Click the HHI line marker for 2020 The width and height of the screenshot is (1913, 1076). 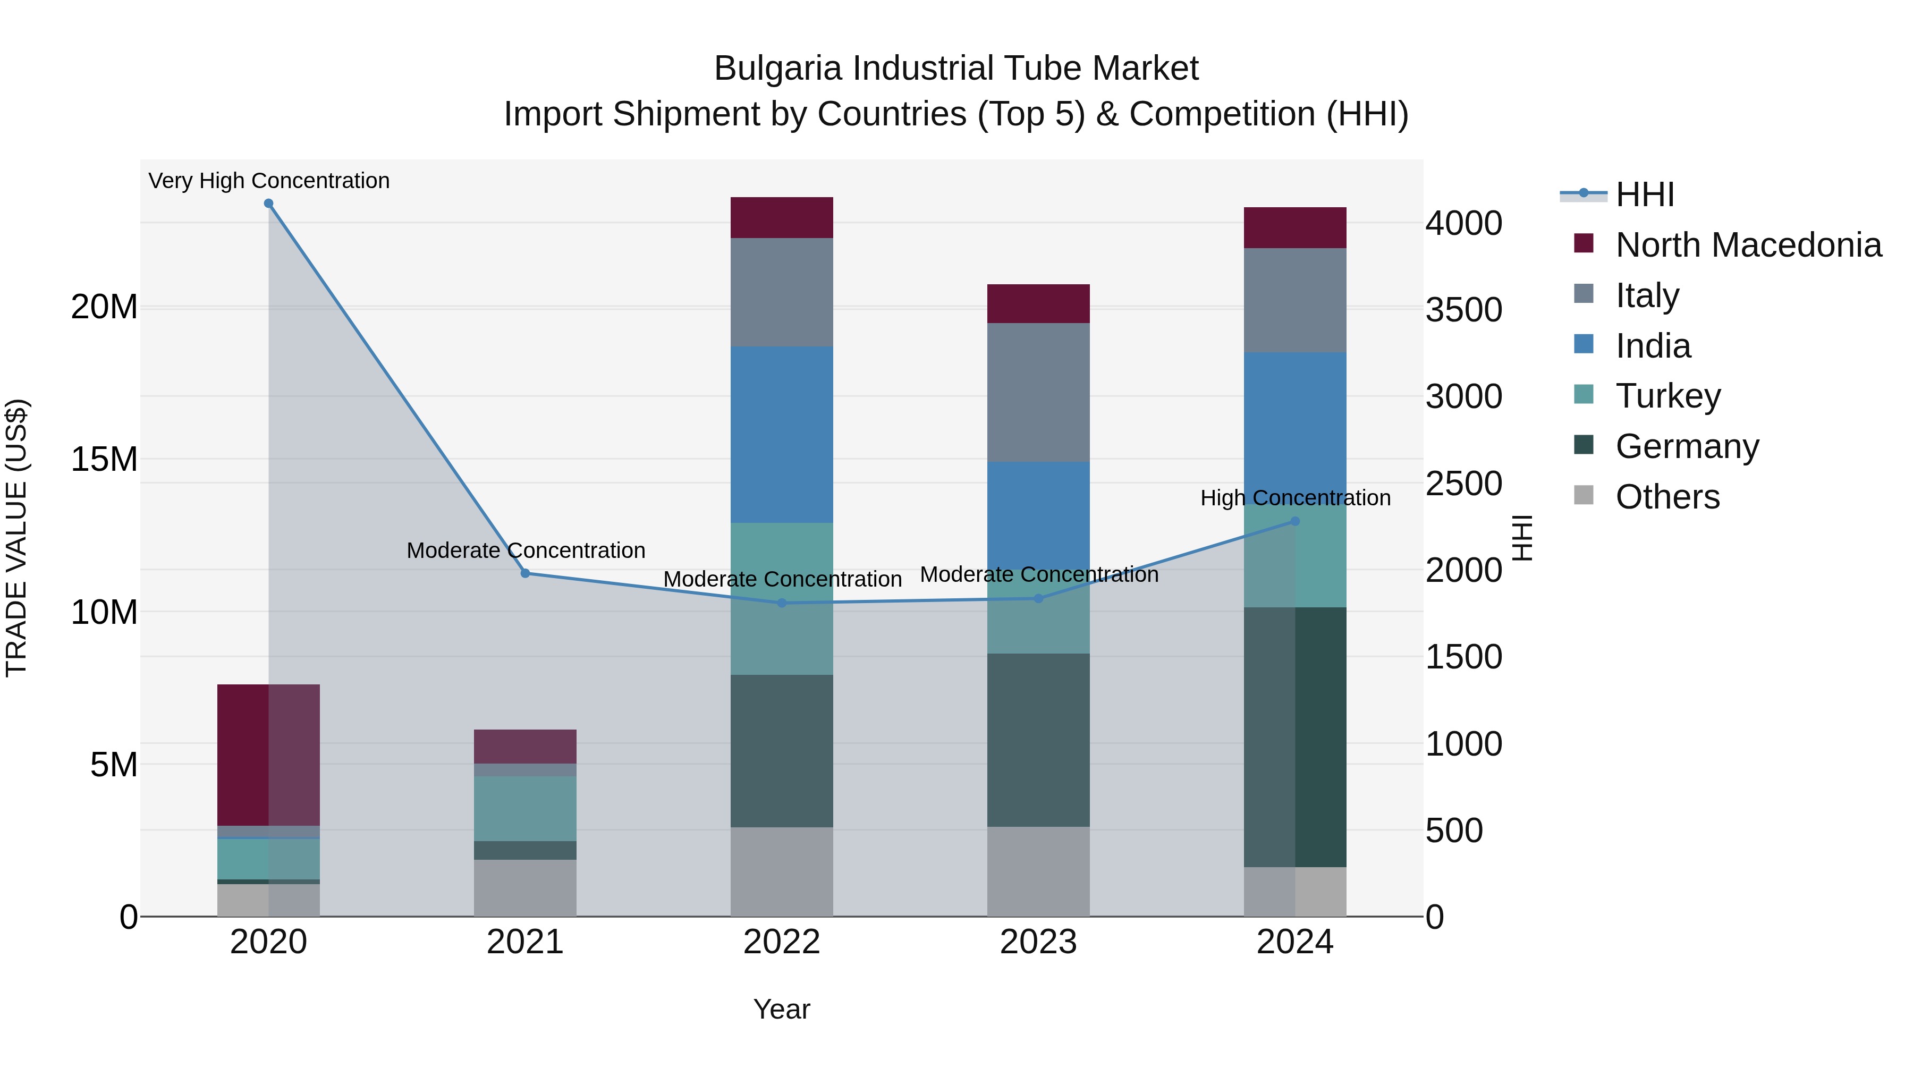pos(269,204)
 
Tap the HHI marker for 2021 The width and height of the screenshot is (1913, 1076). pos(525,573)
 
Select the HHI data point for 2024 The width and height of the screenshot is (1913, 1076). pos(1295,521)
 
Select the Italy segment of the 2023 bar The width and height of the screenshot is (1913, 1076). pos(1038,392)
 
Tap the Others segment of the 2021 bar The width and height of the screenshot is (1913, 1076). pos(525,888)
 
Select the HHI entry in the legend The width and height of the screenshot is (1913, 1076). pos(1644,194)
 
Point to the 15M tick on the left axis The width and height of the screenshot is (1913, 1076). pos(104,460)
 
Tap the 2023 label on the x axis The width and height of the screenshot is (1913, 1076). pos(1038,942)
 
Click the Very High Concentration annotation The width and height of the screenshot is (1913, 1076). pos(269,181)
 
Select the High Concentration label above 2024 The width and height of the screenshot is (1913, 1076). pos(1295,497)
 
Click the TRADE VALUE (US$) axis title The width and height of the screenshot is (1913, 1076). pos(16,538)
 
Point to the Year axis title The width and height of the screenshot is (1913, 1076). pos(781,1009)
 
